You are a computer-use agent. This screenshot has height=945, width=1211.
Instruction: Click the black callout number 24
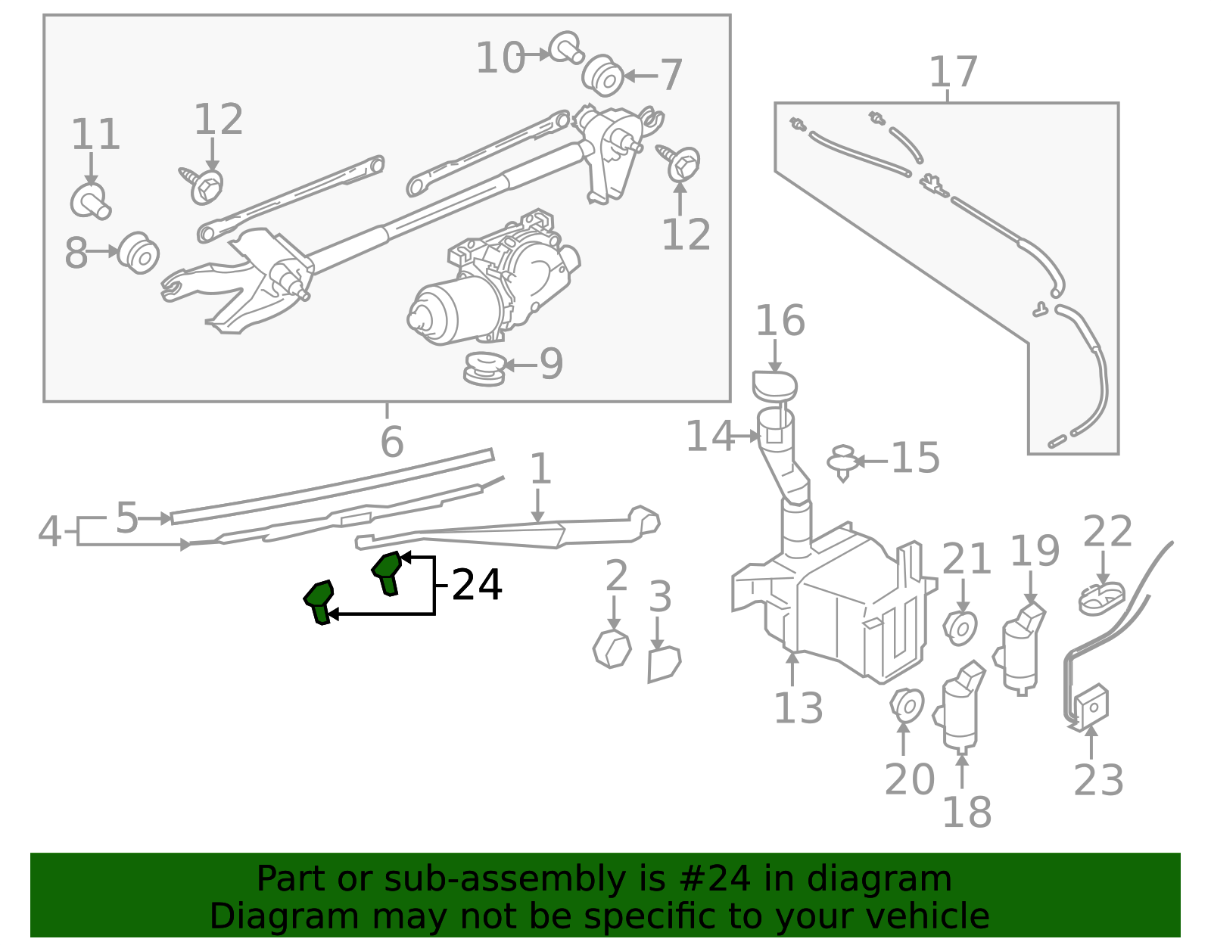pyautogui.click(x=477, y=585)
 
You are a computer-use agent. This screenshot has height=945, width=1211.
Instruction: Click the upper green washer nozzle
pyautogui.click(x=387, y=572)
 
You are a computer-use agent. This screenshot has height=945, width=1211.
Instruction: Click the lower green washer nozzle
pyautogui.click(x=319, y=601)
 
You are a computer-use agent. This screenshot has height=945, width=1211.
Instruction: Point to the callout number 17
pyautogui.click(x=953, y=73)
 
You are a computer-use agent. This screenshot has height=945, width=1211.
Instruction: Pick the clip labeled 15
pyautogui.click(x=842, y=462)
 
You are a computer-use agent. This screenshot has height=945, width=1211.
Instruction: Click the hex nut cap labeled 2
pyautogui.click(x=612, y=648)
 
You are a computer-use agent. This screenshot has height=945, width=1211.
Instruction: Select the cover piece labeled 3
pyautogui.click(x=664, y=664)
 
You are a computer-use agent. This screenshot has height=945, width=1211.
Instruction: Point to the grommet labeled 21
pyautogui.click(x=961, y=627)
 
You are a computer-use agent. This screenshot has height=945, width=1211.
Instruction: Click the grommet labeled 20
pyautogui.click(x=906, y=704)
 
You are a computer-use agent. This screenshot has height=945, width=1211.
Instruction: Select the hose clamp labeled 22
pyautogui.click(x=1100, y=598)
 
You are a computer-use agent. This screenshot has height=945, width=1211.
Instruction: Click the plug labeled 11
pyautogui.click(x=90, y=201)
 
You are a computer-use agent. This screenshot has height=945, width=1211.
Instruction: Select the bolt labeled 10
pyautogui.click(x=565, y=48)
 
